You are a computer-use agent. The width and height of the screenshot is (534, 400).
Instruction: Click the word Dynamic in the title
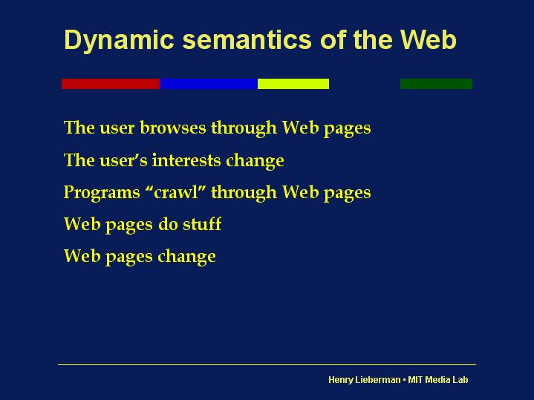pyautogui.click(x=119, y=41)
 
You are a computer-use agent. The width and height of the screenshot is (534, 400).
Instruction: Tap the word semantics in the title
pyautogui.click(x=247, y=40)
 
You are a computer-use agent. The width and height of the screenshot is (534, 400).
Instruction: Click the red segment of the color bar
pyautogui.click(x=111, y=84)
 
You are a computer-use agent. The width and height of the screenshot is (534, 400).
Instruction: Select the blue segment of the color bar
pyautogui.click(x=209, y=84)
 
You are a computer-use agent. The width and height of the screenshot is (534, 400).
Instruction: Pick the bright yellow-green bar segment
pyautogui.click(x=293, y=84)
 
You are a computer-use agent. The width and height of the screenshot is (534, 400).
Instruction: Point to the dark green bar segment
pyautogui.click(x=436, y=84)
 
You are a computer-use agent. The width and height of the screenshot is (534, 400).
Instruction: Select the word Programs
pyautogui.click(x=102, y=193)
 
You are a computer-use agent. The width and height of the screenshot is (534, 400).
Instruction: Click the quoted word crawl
pyautogui.click(x=176, y=191)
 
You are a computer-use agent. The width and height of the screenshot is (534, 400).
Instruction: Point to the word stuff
pyautogui.click(x=202, y=223)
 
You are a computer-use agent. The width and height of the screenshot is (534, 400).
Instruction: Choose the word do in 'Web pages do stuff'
pyautogui.click(x=168, y=223)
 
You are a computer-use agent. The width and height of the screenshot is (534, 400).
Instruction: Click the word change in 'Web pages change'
pyautogui.click(x=186, y=257)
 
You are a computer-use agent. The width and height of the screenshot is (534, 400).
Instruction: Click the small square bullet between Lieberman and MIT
pyautogui.click(x=404, y=379)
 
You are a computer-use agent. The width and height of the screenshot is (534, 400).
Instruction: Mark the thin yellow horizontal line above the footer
pyautogui.click(x=267, y=364)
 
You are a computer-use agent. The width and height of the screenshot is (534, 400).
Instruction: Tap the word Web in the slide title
pyautogui.click(x=428, y=40)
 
